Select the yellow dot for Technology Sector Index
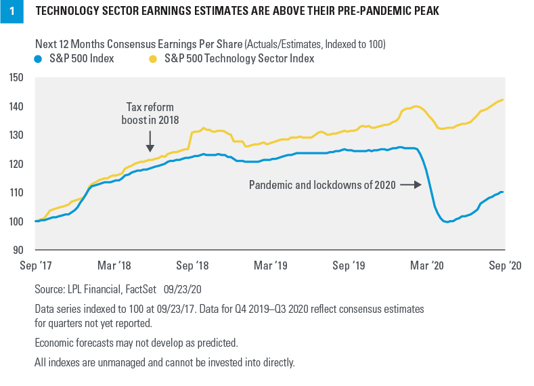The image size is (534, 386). pos(152,59)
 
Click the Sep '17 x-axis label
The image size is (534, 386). pos(35,265)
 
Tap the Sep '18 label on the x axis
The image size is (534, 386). pos(193,265)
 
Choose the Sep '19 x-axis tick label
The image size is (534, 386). pos(351,265)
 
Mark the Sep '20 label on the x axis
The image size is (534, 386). pos(504,265)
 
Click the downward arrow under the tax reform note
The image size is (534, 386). pos(150,142)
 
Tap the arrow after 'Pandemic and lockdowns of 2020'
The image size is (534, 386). pos(409,184)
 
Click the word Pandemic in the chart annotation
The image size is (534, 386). pos(269,184)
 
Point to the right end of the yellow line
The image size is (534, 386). pos(502,100)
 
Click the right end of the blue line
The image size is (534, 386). pos(502,192)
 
